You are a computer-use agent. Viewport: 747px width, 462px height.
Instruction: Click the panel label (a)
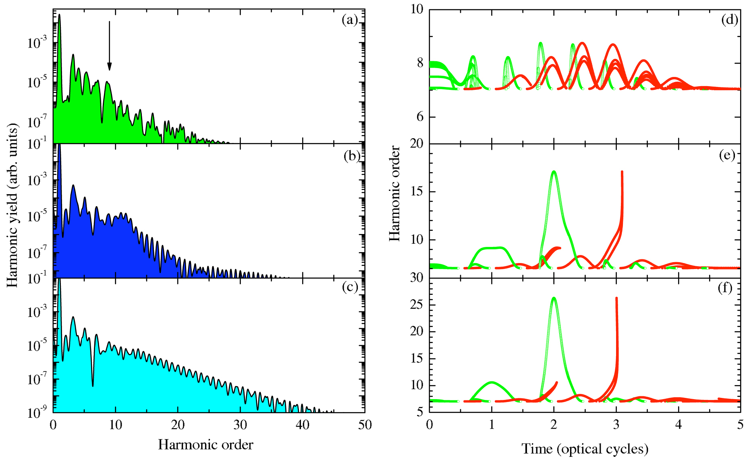click(x=349, y=20)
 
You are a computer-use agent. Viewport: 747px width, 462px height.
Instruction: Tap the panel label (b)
click(x=351, y=156)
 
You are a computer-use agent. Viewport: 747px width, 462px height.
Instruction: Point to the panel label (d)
click(x=729, y=20)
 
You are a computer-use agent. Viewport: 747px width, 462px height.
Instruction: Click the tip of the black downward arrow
click(x=109, y=69)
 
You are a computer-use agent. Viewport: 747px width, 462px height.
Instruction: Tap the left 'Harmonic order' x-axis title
click(x=205, y=445)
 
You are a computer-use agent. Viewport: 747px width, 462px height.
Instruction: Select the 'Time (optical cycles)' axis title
click(x=585, y=448)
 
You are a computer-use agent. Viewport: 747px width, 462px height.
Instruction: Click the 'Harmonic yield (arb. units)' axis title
click(x=12, y=205)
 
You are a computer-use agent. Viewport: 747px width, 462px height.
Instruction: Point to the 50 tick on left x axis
click(x=364, y=425)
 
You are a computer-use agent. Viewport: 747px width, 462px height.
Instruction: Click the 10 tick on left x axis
click(x=115, y=425)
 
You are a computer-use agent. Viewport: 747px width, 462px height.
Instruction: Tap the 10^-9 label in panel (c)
click(x=37, y=412)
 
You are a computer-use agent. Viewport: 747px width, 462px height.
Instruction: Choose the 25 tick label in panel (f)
click(x=417, y=305)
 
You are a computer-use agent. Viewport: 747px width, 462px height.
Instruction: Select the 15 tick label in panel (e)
click(x=417, y=191)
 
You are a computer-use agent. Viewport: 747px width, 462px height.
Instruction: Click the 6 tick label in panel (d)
click(x=420, y=117)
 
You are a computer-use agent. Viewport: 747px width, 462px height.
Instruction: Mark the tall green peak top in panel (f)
click(x=554, y=298)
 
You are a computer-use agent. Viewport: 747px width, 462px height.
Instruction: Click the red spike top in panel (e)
click(x=622, y=172)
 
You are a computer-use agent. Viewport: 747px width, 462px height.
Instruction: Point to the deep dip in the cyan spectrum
click(x=93, y=385)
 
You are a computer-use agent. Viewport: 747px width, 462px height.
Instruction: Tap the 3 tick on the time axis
click(x=616, y=425)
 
